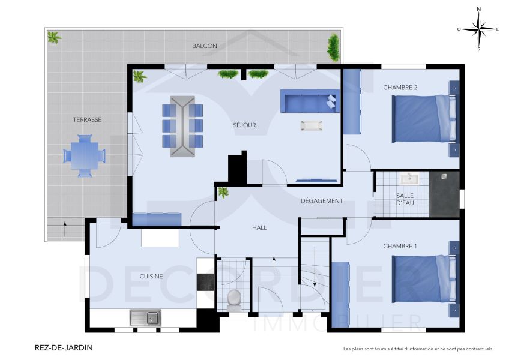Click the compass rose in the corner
[x=478, y=28]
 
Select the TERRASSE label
[x=87, y=120]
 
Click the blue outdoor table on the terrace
[x=84, y=155]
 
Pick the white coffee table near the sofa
[x=312, y=126]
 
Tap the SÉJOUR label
[x=245, y=125]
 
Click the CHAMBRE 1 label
[x=400, y=247]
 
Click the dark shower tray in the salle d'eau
[x=444, y=194]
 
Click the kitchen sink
[x=145, y=317]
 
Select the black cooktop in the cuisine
[x=205, y=282]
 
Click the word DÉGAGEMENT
[x=322, y=201]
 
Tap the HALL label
[x=259, y=228]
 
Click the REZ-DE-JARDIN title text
[x=64, y=347]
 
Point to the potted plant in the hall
[x=223, y=193]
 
